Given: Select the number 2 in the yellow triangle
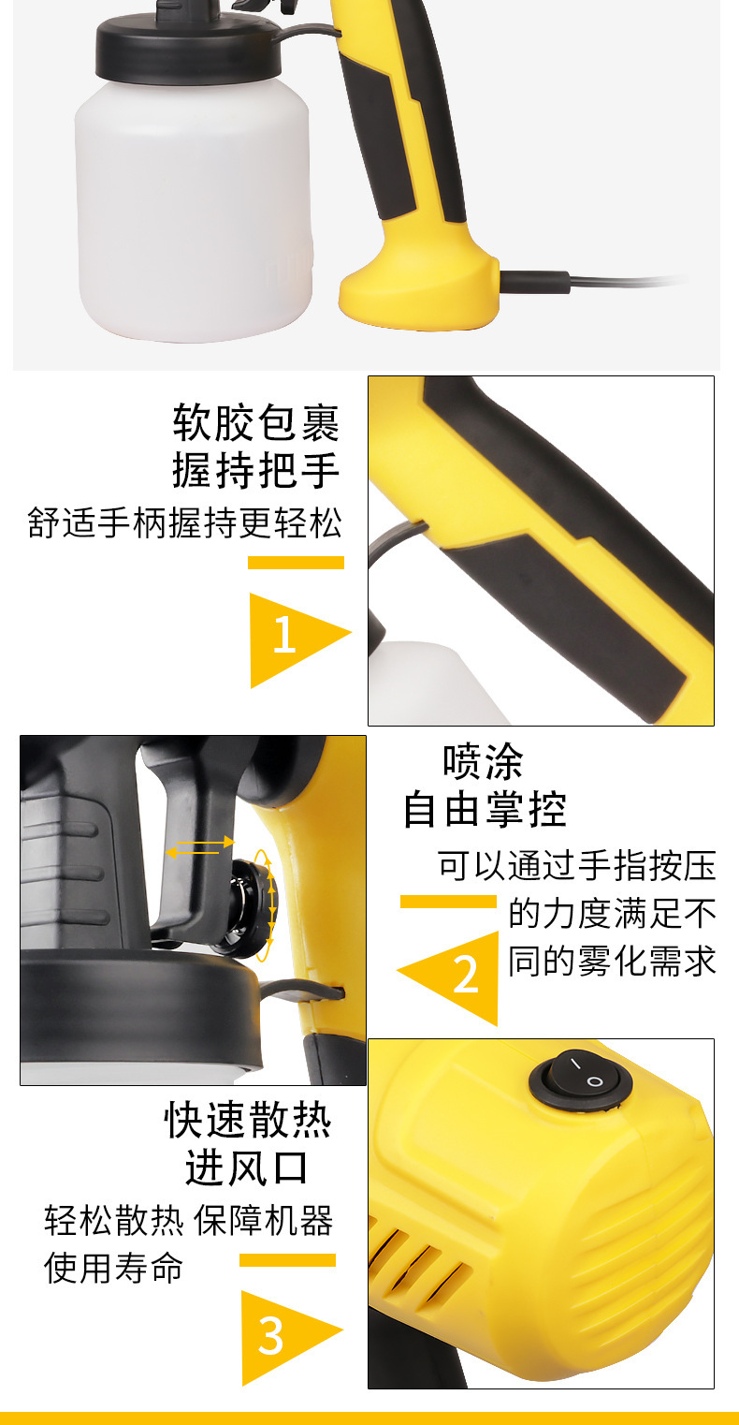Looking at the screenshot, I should pos(465,975).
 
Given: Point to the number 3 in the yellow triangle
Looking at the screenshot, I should pos(270,1336).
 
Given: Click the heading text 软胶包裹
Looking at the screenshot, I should pos(256,422).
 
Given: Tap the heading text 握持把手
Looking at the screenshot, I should pos(256,470).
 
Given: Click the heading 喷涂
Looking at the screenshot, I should pos(483,762).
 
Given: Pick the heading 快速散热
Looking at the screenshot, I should pos(248,1121).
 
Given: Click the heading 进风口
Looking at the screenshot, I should pos(247,1168).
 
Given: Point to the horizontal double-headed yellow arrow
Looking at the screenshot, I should pos(199,848).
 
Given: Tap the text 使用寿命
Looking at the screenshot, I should pos(114,1269).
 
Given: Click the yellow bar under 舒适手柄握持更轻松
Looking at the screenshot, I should pos(296,563).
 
